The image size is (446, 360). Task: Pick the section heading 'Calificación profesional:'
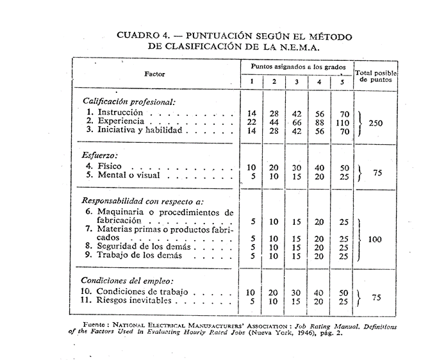(x=129, y=101)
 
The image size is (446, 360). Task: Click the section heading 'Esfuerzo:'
(x=101, y=154)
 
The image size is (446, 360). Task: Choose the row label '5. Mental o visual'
(x=123, y=176)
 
